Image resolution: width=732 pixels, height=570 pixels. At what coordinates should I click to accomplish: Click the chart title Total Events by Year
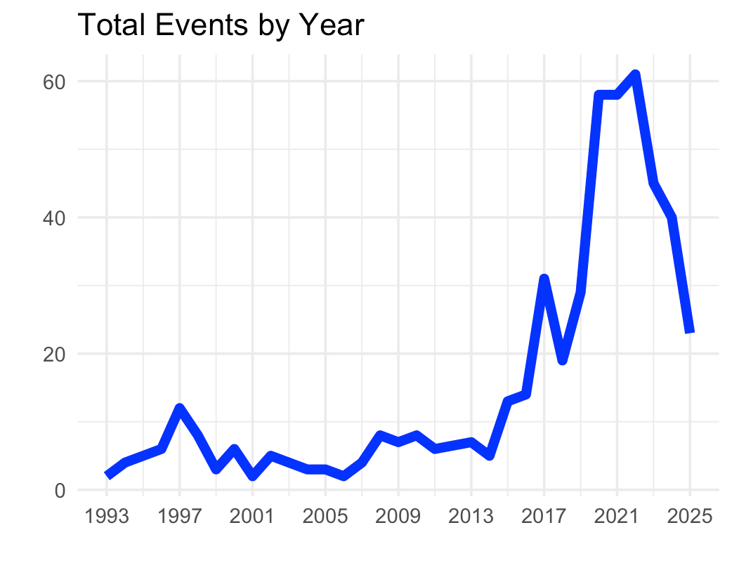[x=221, y=26]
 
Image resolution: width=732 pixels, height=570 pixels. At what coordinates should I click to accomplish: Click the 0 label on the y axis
[x=60, y=490]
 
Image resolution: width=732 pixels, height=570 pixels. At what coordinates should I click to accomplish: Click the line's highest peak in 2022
[x=635, y=75]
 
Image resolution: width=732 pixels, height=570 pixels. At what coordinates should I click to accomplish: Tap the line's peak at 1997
[x=180, y=409]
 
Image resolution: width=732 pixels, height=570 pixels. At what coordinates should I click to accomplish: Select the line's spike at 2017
[x=544, y=279]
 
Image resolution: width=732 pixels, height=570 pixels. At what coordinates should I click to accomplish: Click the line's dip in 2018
[x=562, y=360]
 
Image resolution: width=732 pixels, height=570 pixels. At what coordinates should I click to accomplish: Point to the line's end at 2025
[x=690, y=332]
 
